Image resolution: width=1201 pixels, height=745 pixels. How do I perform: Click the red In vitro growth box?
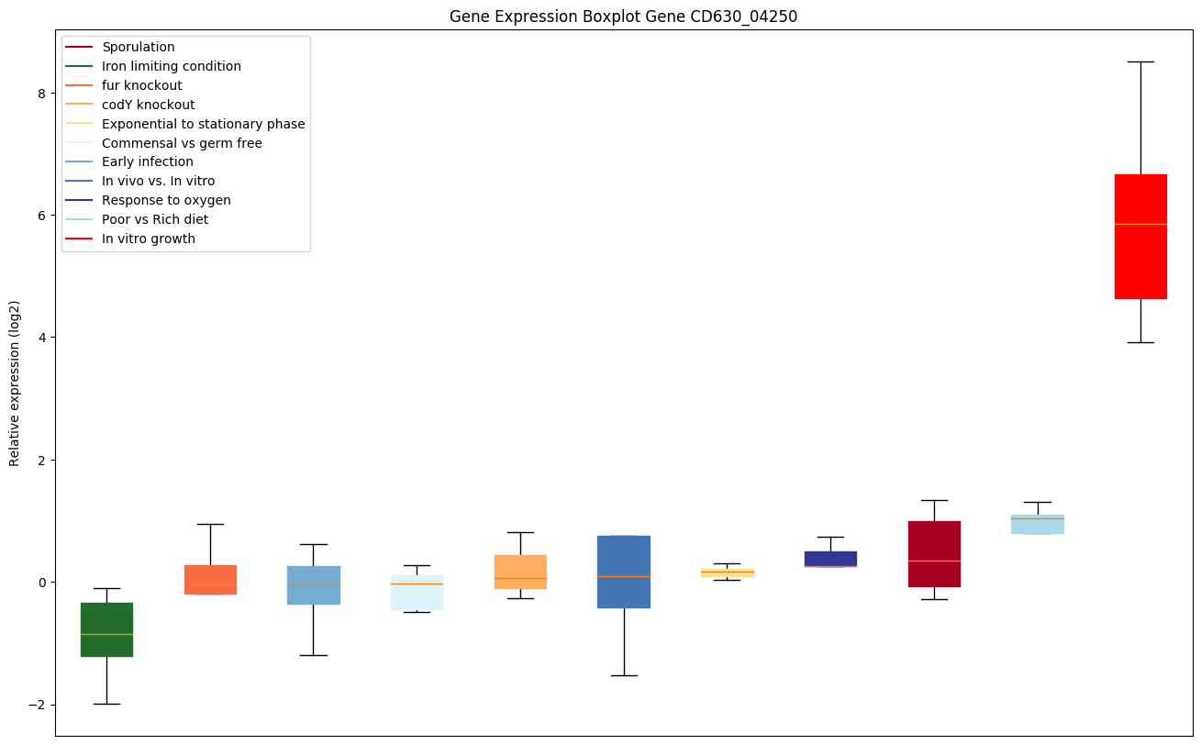pyautogui.click(x=1140, y=236)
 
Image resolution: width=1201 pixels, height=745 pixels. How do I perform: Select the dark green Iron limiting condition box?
pyautogui.click(x=106, y=629)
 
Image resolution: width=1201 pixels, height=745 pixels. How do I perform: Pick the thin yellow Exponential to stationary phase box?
pyautogui.click(x=727, y=573)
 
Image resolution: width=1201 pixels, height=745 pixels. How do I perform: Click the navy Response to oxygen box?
pyautogui.click(x=830, y=559)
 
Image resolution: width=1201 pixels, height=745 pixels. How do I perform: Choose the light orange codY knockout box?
pyautogui.click(x=520, y=571)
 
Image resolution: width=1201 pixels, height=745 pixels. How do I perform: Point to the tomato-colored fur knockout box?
pyautogui.click(x=210, y=579)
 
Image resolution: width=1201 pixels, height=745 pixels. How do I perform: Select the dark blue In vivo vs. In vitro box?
pyautogui.click(x=624, y=571)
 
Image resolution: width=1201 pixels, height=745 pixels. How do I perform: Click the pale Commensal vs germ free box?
pyautogui.click(x=417, y=592)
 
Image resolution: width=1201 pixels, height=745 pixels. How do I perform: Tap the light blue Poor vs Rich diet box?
pyautogui.click(x=1038, y=525)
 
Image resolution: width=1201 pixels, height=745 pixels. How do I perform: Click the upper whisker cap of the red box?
pyautogui.click(x=1140, y=61)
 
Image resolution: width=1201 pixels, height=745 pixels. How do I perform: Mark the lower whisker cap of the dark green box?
pyautogui.click(x=106, y=704)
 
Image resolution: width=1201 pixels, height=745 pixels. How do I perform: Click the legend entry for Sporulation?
pyautogui.click(x=139, y=47)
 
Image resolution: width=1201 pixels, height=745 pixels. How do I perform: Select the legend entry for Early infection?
pyautogui.click(x=148, y=162)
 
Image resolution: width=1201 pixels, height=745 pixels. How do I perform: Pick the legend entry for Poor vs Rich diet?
pyautogui.click(x=155, y=220)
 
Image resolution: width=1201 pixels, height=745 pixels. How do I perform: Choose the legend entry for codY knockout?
pyautogui.click(x=149, y=105)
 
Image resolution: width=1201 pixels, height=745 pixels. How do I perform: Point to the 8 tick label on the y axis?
pyautogui.click(x=40, y=93)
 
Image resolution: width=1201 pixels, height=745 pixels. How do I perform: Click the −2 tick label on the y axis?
pyautogui.click(x=36, y=705)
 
